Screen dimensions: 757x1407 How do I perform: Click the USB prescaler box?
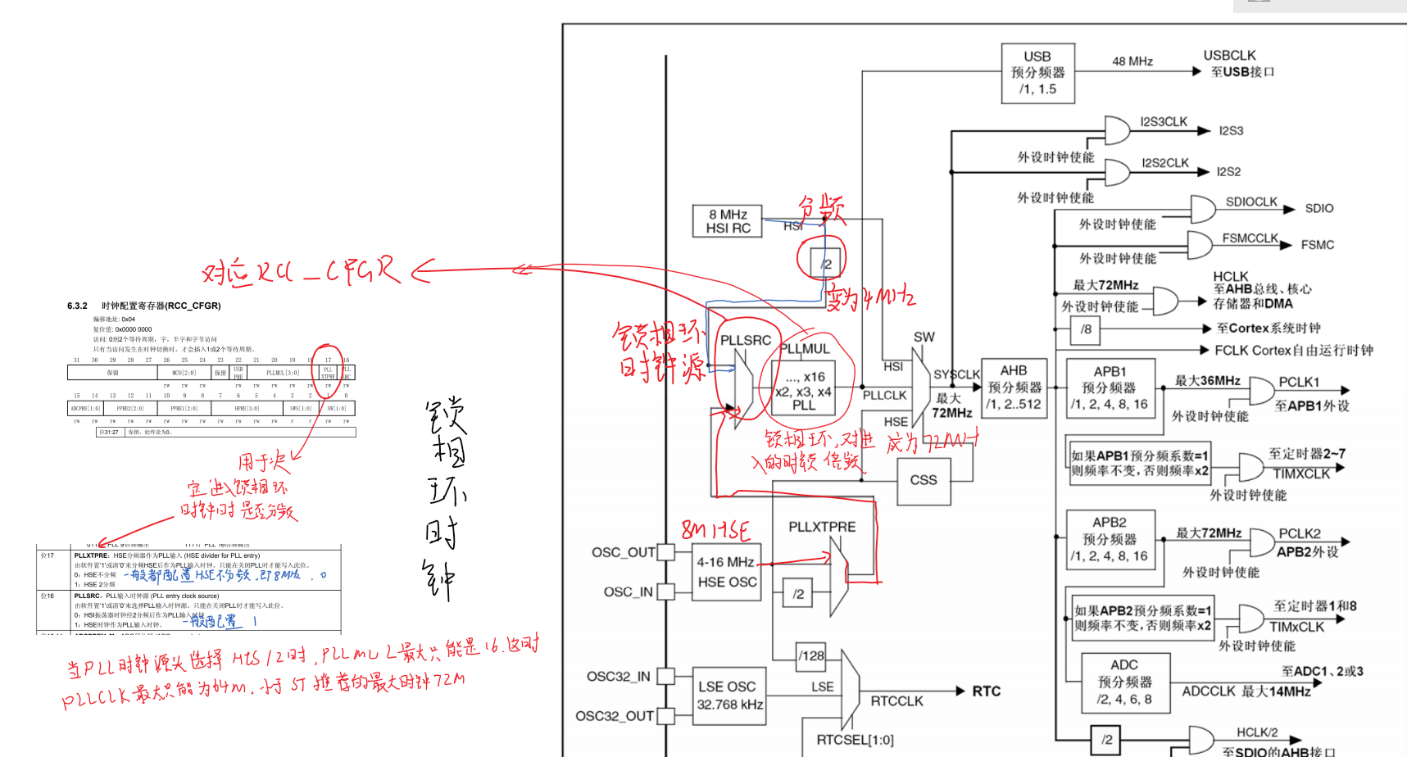tap(1037, 73)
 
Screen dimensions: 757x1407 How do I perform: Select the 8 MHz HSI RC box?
tap(728, 221)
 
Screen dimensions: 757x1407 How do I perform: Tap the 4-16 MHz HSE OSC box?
tap(726, 572)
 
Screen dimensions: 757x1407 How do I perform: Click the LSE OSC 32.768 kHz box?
tap(729, 696)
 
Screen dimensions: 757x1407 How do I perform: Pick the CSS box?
tap(924, 480)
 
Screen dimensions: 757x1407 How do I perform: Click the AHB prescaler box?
tap(1014, 388)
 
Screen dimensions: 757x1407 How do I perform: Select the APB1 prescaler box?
tap(1110, 388)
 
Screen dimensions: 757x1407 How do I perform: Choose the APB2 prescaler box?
tap(1110, 540)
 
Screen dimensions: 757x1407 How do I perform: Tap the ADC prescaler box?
tap(1124, 682)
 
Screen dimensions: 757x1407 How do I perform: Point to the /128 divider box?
tap(811, 655)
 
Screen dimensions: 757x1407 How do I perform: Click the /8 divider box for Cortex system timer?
tap(1086, 329)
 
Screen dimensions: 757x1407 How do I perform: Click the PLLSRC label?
tap(746, 340)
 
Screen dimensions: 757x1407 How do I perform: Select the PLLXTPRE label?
tap(822, 527)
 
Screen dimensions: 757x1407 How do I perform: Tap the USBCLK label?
tap(1229, 55)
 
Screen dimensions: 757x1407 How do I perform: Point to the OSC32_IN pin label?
tap(618, 676)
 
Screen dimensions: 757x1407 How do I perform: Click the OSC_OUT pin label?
tap(623, 552)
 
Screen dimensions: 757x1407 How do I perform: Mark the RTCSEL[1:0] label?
tap(855, 740)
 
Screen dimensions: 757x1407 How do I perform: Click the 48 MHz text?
tap(1132, 61)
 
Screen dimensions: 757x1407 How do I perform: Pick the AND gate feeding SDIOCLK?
tap(1203, 209)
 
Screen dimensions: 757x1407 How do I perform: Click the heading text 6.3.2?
tap(77, 306)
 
